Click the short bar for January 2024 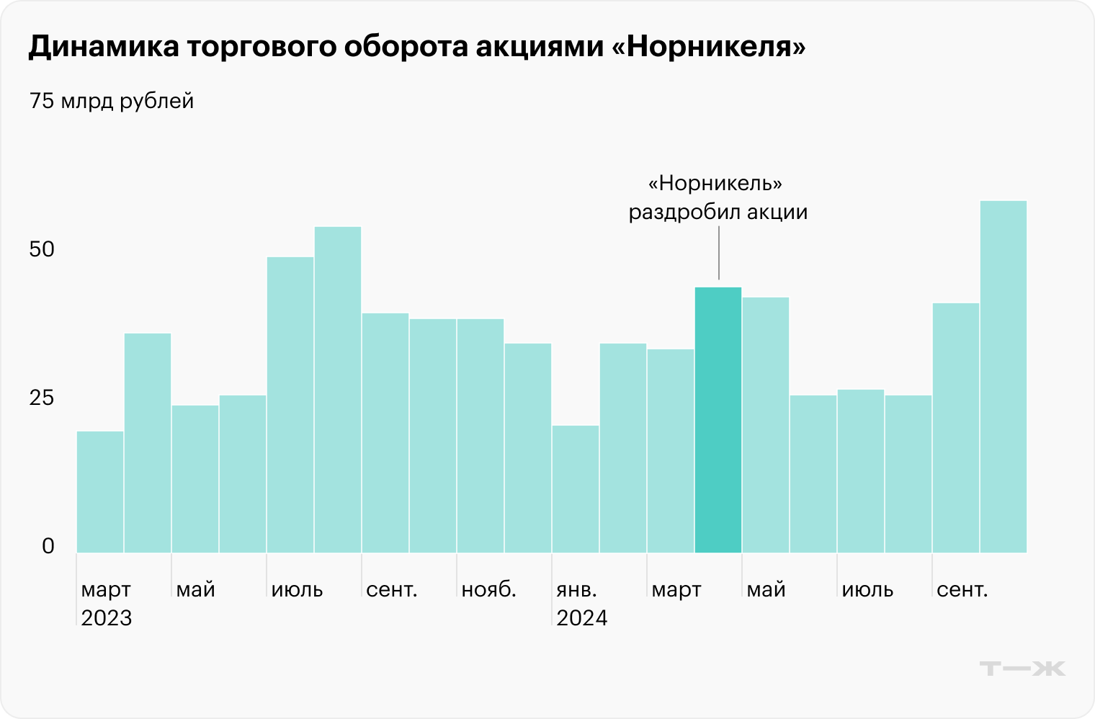(x=576, y=489)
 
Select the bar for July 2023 (x=290, y=405)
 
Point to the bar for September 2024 (x=956, y=428)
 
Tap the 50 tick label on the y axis (x=42, y=249)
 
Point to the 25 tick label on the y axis (x=42, y=398)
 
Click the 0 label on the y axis (x=48, y=546)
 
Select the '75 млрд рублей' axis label (x=112, y=101)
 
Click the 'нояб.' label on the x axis (x=488, y=589)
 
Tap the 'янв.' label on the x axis (x=576, y=589)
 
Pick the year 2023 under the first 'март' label (x=107, y=618)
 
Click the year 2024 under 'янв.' (x=582, y=618)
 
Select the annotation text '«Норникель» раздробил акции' (x=718, y=197)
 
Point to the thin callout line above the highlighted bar (x=718, y=252)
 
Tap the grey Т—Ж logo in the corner (x=1022, y=669)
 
